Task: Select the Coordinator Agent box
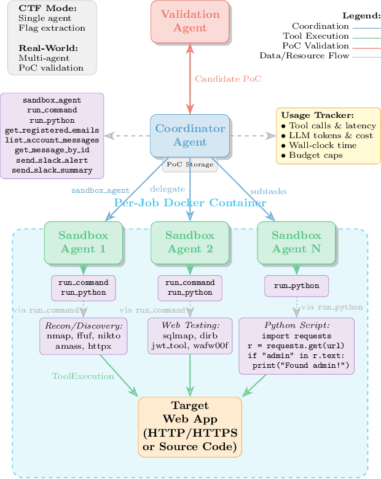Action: [190, 135]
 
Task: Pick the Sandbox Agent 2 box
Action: [189, 242]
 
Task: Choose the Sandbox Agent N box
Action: [296, 242]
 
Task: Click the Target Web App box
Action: [190, 426]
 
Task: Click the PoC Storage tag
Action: [190, 165]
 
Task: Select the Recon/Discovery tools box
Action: [83, 336]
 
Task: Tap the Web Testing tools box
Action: [190, 335]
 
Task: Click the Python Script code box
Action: [296, 346]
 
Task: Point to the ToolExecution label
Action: [83, 376]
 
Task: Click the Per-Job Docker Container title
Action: [190, 203]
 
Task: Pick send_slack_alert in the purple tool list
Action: [52, 160]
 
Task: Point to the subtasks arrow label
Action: [268, 191]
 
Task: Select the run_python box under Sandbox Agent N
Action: [296, 286]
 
